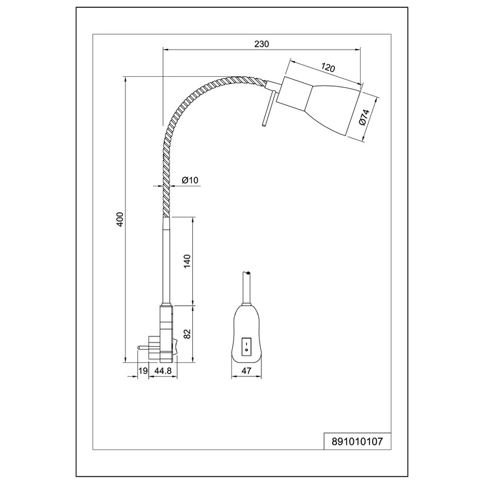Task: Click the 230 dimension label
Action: [261, 44]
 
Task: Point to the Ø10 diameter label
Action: [191, 180]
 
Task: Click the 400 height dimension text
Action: [120, 220]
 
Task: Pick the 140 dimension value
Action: [188, 261]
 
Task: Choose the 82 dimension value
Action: [188, 333]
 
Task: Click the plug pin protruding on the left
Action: [144, 347]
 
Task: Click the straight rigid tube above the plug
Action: [166, 260]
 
